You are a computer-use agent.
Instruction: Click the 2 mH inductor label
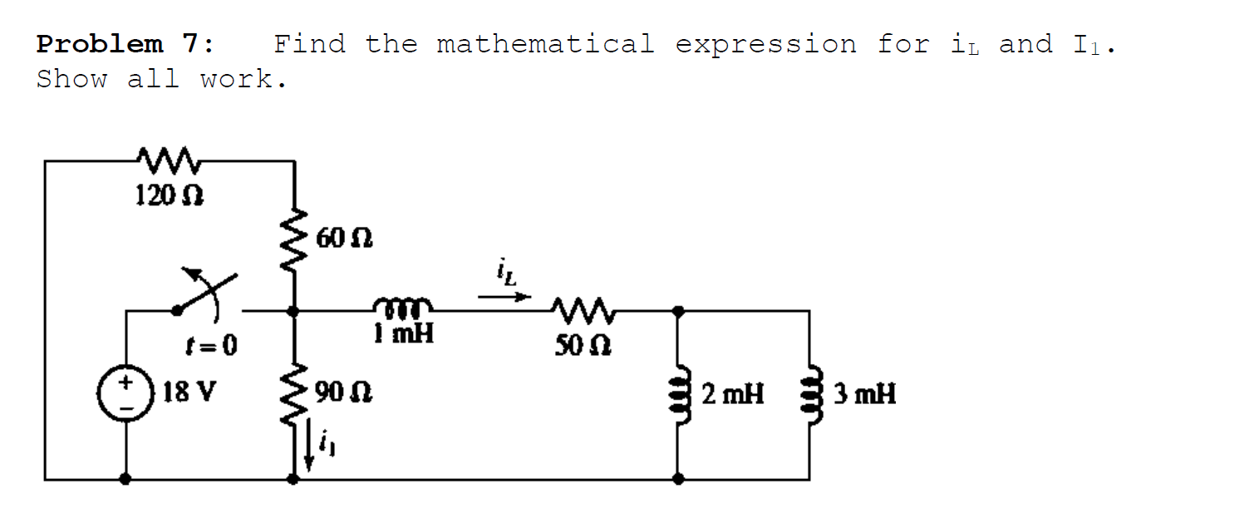[732, 392]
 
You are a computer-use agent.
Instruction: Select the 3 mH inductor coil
[810, 393]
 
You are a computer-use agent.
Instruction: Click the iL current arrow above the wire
[505, 294]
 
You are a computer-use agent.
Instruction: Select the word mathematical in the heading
[545, 44]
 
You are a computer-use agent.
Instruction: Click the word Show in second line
[71, 80]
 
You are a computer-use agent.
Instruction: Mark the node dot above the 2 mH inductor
[678, 311]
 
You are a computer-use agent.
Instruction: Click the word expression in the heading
[765, 44]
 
